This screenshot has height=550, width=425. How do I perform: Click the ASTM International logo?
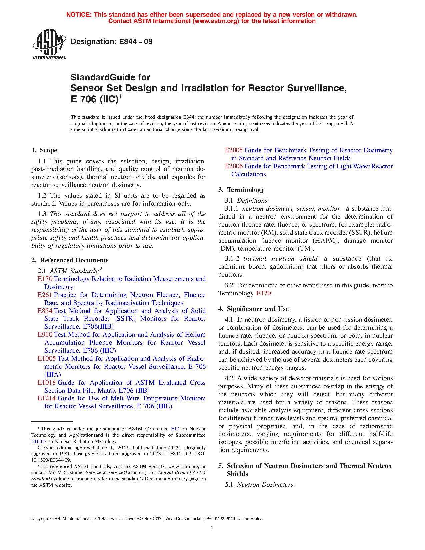tap(49, 44)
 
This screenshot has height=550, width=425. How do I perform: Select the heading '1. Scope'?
tap(44, 150)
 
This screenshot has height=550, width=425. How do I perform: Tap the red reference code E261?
tap(45, 295)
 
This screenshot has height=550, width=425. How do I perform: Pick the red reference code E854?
tap(45, 311)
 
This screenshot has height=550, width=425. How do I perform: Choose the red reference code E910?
tap(45, 335)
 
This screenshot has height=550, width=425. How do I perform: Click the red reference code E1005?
tap(46, 359)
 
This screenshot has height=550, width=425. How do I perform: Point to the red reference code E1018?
tap(46, 383)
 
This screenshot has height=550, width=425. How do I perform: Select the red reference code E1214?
tap(46, 398)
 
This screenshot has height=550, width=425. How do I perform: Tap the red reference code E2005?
tap(234, 150)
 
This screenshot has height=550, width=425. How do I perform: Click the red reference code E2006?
tap(234, 166)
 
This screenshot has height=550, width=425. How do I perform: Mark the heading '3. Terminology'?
tap(241, 190)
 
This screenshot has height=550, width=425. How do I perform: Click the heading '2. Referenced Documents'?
tap(70, 260)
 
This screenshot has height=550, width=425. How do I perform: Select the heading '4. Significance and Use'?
tap(254, 309)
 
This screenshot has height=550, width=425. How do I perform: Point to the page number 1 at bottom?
tap(212, 528)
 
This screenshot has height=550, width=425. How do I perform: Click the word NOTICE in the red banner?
tap(79, 15)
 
